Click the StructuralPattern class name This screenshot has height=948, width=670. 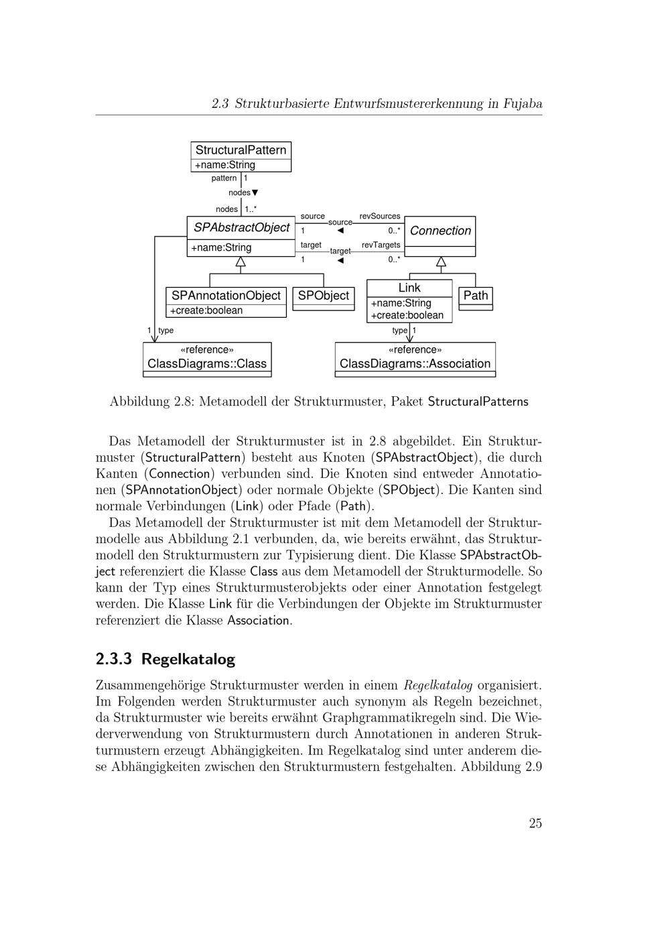click(x=241, y=150)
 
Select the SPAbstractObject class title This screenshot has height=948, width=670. click(x=241, y=228)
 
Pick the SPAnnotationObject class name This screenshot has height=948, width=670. click(x=226, y=296)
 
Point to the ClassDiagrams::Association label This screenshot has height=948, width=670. click(x=415, y=364)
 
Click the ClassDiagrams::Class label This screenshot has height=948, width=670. click(x=207, y=364)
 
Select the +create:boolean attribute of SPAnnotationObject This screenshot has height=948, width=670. click(x=206, y=311)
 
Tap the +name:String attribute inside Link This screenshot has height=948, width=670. click(x=401, y=303)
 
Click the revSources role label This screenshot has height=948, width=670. click(x=380, y=217)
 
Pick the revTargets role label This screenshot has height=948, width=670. click(x=381, y=245)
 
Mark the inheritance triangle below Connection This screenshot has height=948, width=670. click(x=441, y=261)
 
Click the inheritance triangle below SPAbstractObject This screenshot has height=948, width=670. click(x=241, y=261)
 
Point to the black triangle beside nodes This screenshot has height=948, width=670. click(x=255, y=193)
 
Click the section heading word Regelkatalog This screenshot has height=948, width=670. click(x=188, y=659)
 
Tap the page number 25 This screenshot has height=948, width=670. click(x=535, y=824)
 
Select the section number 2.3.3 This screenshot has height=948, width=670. click(x=115, y=659)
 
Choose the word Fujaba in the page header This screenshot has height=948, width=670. click(x=523, y=104)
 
